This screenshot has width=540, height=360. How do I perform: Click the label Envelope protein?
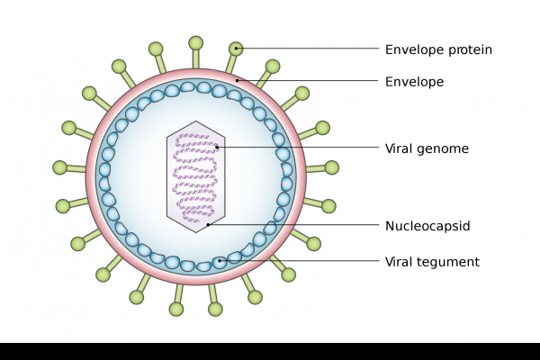438,49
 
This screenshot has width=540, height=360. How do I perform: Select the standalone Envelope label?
414,82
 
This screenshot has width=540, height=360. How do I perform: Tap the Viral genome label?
427,148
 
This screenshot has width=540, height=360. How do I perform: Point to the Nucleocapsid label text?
427,226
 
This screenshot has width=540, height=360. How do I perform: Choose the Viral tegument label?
432,262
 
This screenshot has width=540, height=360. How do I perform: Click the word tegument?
449,262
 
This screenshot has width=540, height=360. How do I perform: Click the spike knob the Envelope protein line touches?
236,48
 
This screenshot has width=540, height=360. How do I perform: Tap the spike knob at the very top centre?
195,42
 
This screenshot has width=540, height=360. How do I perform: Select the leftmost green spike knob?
59,167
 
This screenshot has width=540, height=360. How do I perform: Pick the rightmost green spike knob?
332,167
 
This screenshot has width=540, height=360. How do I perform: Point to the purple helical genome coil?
195,175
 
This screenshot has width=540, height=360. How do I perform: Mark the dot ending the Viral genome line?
217,147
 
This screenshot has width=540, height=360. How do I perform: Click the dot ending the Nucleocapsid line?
208,225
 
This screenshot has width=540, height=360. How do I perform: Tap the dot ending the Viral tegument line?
220,261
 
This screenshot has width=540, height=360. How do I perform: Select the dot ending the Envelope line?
238,81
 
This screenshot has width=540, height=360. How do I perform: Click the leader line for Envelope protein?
306,49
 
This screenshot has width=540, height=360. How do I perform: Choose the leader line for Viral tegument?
306,261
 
